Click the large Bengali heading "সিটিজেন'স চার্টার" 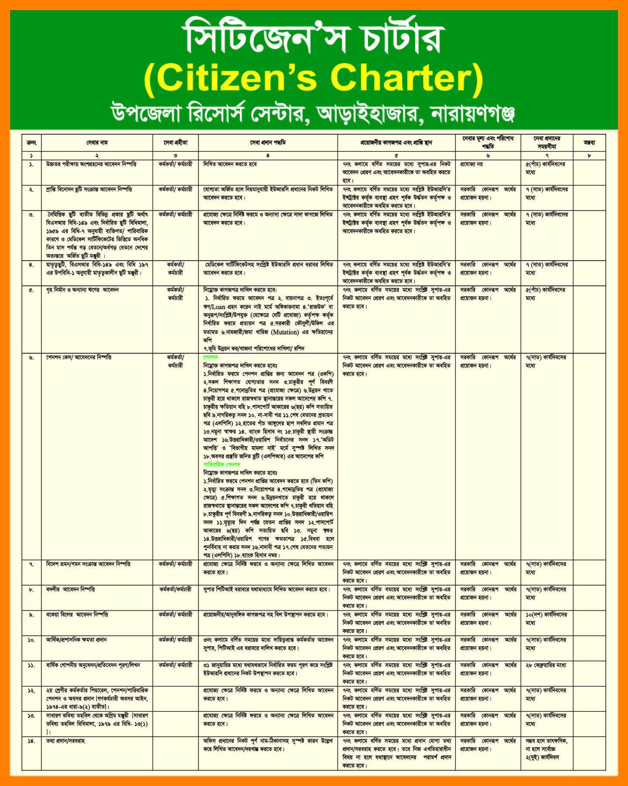[313, 37]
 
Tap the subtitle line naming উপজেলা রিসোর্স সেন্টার [313, 113]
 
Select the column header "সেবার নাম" [97, 143]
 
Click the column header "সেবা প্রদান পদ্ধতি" [268, 143]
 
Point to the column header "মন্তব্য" [589, 143]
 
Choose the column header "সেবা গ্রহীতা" [175, 143]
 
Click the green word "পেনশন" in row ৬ [211, 357]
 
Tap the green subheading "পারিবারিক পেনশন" [222, 465]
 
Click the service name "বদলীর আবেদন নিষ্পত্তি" [71, 589]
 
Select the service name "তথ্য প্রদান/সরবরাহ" [65, 741]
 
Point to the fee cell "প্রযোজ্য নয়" [471, 164]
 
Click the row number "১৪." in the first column [31, 741]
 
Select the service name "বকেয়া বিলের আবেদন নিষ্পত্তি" [77, 615]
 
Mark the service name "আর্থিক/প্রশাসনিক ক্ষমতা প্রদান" [76, 640]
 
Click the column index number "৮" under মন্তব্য [589, 155]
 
